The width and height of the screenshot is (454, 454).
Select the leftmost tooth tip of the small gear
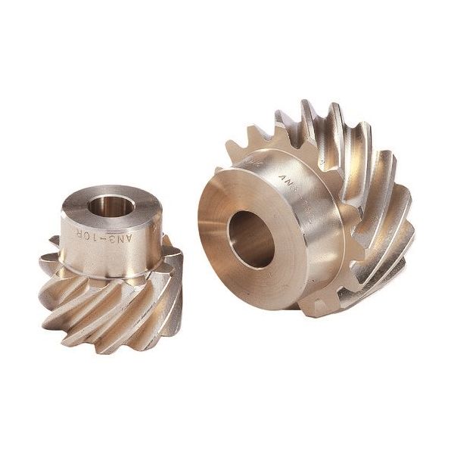click(44, 261)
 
